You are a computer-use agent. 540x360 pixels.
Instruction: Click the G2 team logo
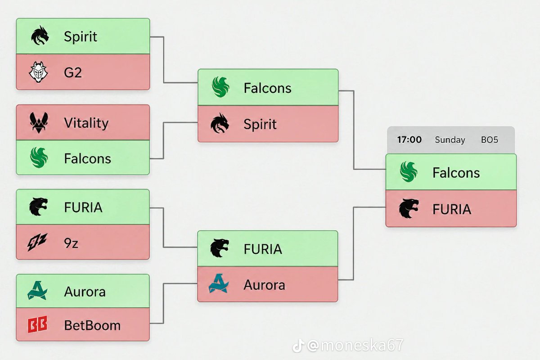tap(38, 72)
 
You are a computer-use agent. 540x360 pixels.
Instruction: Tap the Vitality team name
tap(86, 123)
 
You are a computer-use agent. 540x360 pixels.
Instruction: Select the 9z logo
tap(37, 242)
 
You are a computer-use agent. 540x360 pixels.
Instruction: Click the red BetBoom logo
tap(37, 324)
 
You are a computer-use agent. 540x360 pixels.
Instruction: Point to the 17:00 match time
tap(409, 139)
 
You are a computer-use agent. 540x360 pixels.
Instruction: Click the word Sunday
tap(450, 140)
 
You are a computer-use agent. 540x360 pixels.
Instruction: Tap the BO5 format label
tap(490, 139)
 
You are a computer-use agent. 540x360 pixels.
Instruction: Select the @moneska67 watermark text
tap(355, 345)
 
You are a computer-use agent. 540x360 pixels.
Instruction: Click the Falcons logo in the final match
tap(409, 171)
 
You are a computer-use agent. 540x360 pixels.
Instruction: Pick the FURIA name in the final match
tap(451, 209)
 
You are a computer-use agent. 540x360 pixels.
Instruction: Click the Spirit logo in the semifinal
tap(220, 123)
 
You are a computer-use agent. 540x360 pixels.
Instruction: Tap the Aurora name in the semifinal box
tap(264, 285)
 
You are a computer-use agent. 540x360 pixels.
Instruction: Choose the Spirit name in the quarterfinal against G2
tap(80, 36)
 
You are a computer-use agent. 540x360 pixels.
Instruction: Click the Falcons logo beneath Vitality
tap(39, 157)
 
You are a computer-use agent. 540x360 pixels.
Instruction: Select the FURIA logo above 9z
tap(38, 207)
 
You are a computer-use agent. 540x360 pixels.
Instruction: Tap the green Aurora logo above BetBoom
tap(37, 290)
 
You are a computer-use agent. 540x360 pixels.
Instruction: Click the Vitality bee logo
tap(39, 123)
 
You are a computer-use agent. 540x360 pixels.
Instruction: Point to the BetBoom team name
tap(92, 325)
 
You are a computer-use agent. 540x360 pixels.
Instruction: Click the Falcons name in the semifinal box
tap(267, 88)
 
